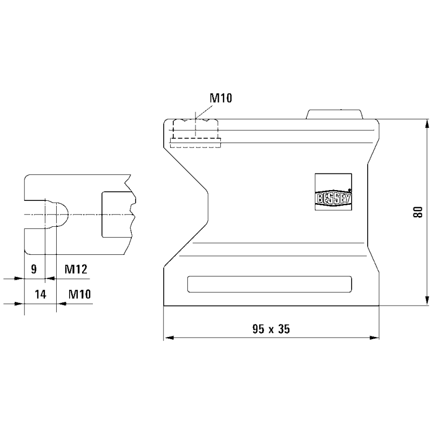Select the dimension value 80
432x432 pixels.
pos(417,212)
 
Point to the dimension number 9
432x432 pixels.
pos(33,268)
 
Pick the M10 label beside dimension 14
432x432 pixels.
pos(79,294)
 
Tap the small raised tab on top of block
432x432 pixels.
pos(334,114)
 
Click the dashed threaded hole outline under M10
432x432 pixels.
pos(195,129)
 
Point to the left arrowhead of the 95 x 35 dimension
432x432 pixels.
pos(168,338)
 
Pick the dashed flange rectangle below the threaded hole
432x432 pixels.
pos(195,143)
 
